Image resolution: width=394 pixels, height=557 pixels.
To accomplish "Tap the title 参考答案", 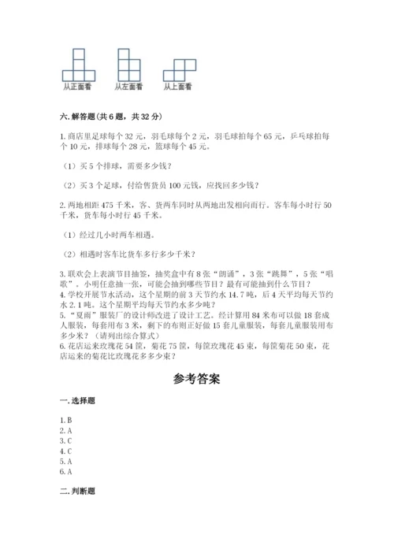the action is [197, 377].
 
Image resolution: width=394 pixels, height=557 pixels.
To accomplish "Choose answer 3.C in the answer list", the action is [65, 441].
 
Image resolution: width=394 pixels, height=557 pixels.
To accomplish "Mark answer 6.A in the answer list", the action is [65, 471].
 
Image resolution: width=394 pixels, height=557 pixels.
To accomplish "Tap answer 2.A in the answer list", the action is [65, 432].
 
